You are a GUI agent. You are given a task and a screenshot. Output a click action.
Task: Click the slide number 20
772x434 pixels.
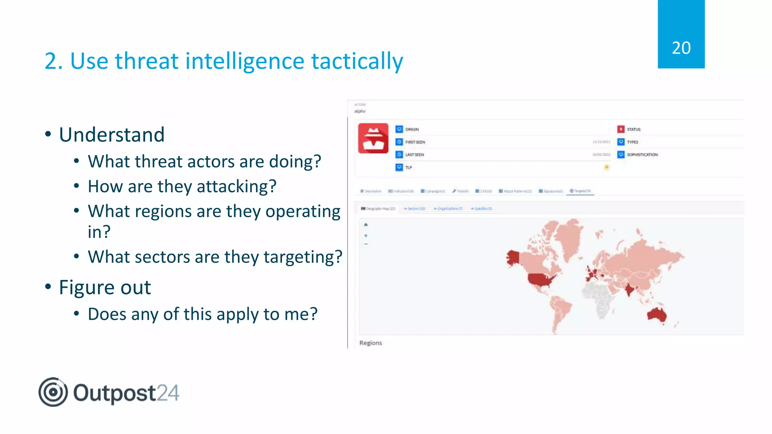click(681, 48)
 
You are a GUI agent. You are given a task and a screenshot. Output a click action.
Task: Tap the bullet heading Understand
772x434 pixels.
click(112, 134)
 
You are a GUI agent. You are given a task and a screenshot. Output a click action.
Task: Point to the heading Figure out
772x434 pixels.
click(105, 287)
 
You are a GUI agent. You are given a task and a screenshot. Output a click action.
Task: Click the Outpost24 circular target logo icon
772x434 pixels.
click(53, 392)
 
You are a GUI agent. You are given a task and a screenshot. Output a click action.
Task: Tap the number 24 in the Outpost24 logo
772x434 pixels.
click(168, 393)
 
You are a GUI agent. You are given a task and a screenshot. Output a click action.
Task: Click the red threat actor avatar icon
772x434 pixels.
click(373, 138)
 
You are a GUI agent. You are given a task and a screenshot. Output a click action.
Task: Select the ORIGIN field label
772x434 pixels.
click(412, 130)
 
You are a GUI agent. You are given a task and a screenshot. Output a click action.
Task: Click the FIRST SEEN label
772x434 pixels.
click(415, 142)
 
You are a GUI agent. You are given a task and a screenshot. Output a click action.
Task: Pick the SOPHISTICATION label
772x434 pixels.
click(642, 155)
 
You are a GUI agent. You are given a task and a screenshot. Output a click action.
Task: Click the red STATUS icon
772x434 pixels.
click(621, 129)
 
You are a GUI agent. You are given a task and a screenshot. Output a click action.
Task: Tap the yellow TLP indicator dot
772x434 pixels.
click(607, 167)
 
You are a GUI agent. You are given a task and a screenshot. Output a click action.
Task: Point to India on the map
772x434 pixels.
click(628, 290)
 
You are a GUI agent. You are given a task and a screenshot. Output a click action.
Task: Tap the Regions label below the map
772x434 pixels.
click(371, 343)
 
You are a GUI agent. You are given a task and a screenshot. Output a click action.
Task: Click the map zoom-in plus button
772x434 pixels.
click(366, 235)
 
